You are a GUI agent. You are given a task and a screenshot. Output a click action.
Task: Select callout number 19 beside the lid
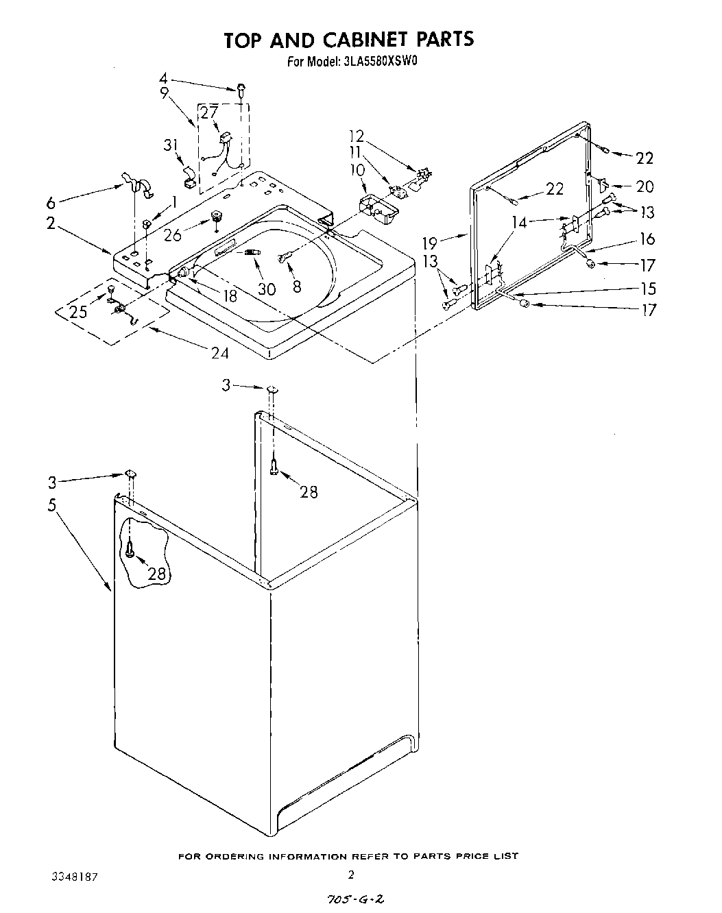click(430, 242)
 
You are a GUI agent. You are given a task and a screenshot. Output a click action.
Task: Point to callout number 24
click(220, 353)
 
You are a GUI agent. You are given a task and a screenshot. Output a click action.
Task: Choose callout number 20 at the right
click(645, 186)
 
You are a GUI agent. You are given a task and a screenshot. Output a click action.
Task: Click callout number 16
click(647, 239)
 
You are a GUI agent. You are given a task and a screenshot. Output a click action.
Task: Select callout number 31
click(171, 145)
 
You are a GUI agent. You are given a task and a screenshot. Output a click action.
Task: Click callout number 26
click(172, 235)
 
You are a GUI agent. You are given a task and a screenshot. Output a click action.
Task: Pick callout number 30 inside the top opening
click(266, 289)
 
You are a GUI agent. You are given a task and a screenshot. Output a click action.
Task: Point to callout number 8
click(296, 287)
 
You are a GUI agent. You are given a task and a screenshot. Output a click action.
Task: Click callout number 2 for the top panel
click(51, 223)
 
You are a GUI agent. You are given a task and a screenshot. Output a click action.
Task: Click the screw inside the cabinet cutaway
click(130, 548)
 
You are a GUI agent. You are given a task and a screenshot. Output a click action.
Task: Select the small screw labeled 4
click(241, 87)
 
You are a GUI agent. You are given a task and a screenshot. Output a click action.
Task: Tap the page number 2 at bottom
click(350, 874)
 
